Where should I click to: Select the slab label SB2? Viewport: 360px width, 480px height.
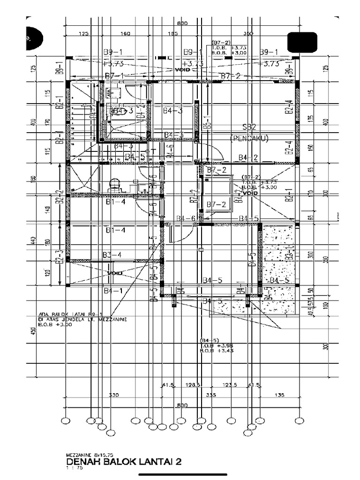249,127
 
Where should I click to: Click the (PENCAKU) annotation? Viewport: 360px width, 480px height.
249,138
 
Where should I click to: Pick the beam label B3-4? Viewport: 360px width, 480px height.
112,255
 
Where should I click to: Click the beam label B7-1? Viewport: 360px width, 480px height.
114,76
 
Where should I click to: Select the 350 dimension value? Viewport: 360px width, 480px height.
248,34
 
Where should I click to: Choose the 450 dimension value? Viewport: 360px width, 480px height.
33,330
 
